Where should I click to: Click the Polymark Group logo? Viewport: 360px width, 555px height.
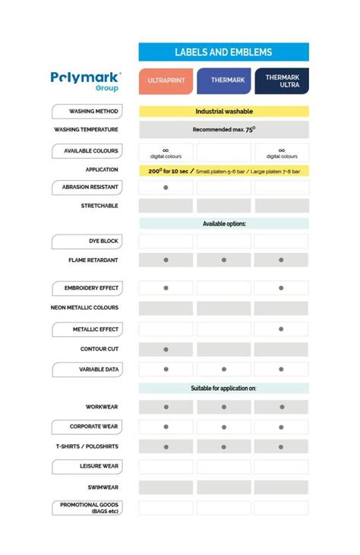coord(86,80)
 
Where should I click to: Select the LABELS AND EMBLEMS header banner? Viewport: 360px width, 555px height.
coord(223,52)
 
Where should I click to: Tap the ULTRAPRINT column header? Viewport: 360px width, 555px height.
coord(166,80)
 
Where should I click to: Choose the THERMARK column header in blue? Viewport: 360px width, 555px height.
coord(223,80)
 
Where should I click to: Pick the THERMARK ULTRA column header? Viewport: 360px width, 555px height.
coord(281,80)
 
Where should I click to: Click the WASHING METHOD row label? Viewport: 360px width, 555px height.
coord(87,111)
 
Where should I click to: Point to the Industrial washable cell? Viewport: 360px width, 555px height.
coord(223,111)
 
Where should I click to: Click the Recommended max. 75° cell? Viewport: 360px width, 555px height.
coord(223,130)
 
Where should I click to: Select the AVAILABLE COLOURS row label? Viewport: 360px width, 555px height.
coord(87,151)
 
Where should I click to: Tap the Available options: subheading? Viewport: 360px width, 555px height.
coord(223,224)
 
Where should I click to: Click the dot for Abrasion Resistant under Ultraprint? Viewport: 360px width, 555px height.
coord(166,187)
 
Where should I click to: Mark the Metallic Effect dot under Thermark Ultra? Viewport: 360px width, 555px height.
coord(281,330)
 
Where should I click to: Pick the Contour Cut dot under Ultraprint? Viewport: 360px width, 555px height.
coord(166,349)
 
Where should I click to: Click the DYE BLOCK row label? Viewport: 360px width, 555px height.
coord(87,241)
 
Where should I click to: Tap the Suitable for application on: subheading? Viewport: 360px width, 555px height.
coord(223,388)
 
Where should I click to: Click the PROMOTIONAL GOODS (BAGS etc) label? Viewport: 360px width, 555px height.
coord(87,507)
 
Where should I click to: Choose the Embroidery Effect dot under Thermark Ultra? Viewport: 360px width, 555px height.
coord(281,289)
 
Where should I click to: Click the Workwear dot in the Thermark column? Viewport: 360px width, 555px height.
coord(223,408)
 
